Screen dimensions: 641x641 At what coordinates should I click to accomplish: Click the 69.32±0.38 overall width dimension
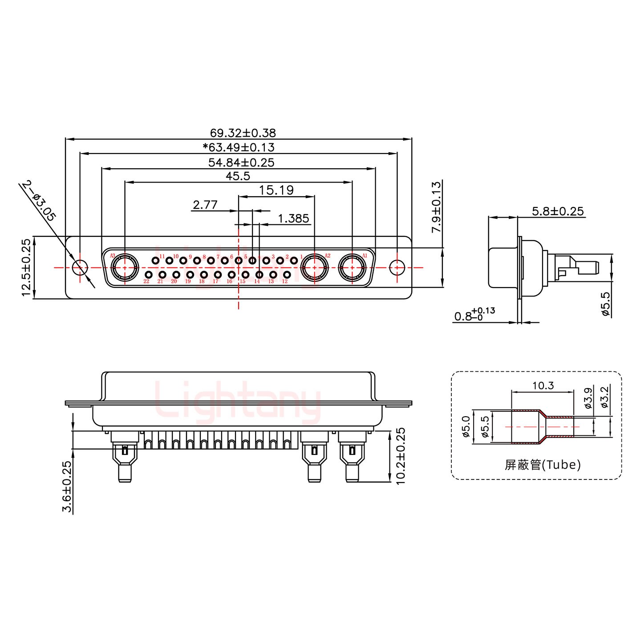click(243, 133)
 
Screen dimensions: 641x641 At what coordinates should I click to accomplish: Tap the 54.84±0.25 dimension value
click(241, 162)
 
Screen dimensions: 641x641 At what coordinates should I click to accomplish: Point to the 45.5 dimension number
click(238, 176)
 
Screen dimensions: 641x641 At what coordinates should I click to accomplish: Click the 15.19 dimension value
click(276, 191)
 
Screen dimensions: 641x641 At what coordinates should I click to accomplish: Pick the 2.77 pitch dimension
click(205, 205)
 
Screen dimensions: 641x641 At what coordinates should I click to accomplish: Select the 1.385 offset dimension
click(293, 219)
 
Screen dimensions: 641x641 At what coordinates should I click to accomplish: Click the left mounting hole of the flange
click(80, 268)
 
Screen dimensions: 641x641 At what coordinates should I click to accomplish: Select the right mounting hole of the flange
click(397, 268)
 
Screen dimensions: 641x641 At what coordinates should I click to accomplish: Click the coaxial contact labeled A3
click(125, 268)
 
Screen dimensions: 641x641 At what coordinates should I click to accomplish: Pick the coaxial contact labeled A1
click(352, 268)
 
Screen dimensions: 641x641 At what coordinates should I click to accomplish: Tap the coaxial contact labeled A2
click(315, 268)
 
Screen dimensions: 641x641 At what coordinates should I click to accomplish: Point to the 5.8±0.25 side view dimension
click(557, 211)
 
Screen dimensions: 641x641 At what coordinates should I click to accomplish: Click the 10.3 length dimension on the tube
click(543, 385)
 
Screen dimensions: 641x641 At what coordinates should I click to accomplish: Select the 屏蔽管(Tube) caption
click(542, 465)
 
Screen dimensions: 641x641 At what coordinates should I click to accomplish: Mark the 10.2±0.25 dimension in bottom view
click(401, 456)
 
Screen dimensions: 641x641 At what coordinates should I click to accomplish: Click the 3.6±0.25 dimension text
click(66, 487)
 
